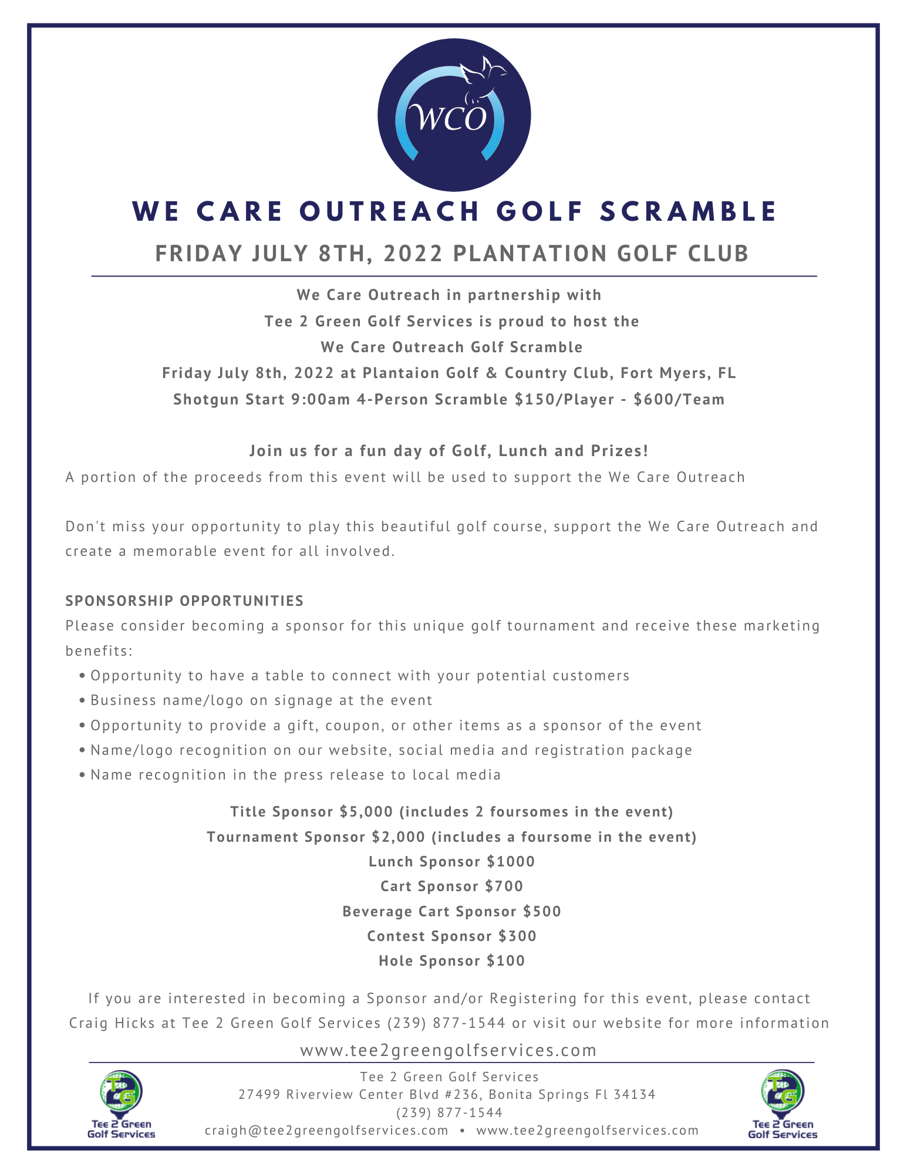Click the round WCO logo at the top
pos(454,115)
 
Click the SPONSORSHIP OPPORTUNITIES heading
pos(184,601)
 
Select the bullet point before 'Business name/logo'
pos(82,701)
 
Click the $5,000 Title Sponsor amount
pos(366,812)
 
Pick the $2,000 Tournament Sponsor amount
pos(398,837)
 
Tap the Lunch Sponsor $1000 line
pos(451,862)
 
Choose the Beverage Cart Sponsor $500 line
pos(451,912)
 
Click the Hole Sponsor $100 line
pos(451,961)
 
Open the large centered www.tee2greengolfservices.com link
pos(448,1050)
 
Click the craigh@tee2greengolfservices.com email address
pos(326,1131)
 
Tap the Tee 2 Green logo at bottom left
pos(121,1104)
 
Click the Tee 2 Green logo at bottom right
pos(782,1104)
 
